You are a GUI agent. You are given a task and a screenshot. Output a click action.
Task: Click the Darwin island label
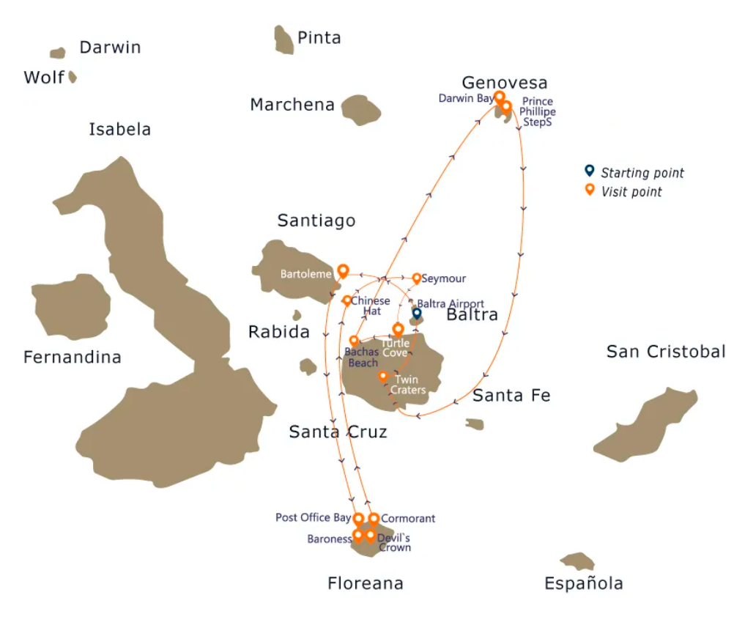110,48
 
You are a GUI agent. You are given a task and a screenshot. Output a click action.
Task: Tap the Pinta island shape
283,40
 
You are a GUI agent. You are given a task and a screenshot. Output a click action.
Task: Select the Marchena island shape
360,109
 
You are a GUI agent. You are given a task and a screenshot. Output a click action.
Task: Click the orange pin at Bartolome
342,271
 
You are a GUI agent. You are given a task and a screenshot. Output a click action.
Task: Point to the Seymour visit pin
417,278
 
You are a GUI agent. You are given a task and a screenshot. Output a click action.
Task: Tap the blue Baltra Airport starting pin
417,314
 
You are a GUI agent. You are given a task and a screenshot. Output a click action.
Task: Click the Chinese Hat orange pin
347,300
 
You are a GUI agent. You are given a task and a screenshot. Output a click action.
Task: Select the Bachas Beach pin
354,341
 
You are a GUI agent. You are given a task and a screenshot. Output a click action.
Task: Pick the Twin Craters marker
382,377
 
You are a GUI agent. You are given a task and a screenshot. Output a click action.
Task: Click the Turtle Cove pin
398,329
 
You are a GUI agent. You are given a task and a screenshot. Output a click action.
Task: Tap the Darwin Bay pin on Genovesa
499,97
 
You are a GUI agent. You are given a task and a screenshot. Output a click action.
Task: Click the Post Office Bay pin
358,519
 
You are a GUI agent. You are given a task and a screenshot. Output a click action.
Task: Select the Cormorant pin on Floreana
374,519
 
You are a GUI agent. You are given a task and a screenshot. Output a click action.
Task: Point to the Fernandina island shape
71,307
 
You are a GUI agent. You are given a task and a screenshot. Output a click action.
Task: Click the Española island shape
578,561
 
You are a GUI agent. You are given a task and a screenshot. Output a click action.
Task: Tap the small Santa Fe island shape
475,424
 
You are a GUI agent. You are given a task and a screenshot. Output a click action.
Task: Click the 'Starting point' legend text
642,174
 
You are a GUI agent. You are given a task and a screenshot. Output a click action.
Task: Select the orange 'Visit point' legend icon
590,191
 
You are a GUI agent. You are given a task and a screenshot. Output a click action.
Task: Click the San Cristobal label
666,352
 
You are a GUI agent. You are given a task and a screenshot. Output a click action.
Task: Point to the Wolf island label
44,77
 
